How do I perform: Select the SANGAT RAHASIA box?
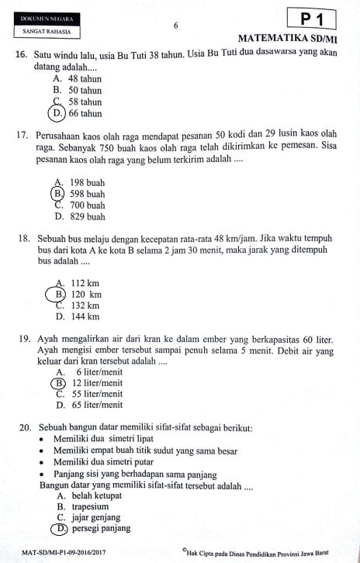click(x=48, y=33)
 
